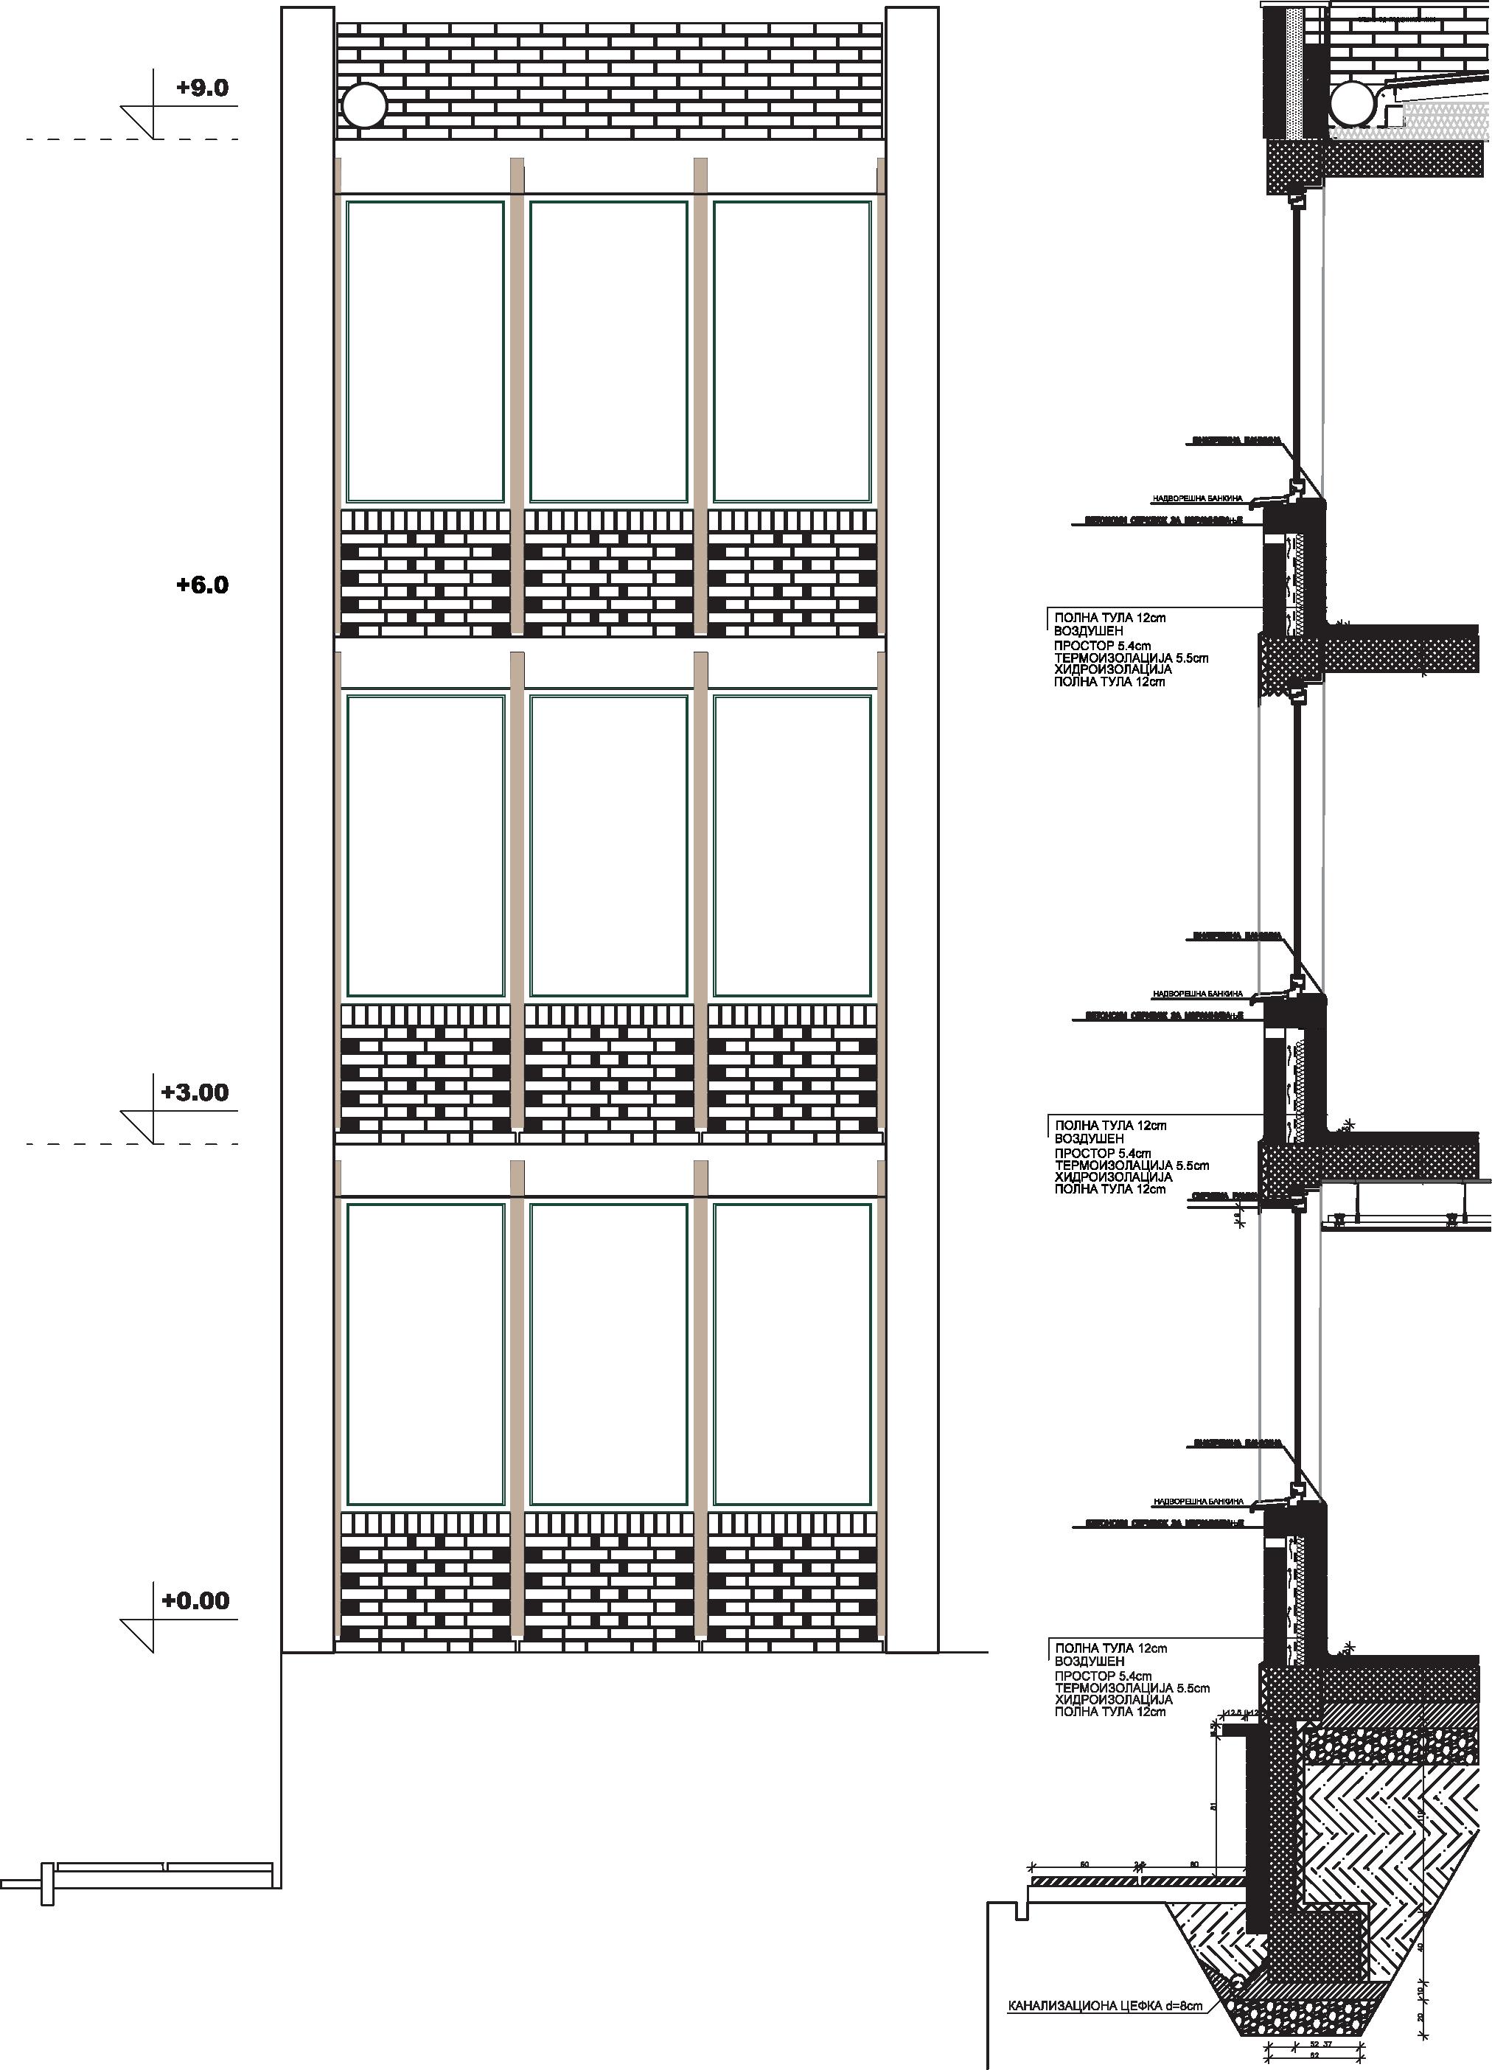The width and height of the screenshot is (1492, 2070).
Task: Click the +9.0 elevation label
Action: tap(202, 88)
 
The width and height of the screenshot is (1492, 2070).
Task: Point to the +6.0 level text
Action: tap(202, 585)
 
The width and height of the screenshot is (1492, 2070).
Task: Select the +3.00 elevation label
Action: tap(195, 1092)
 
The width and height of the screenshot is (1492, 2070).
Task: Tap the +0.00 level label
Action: tap(195, 1600)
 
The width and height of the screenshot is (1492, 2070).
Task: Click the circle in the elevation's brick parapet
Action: tap(364, 107)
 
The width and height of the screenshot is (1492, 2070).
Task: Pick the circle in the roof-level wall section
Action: tap(1353, 107)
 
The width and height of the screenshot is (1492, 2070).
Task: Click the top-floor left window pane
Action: tap(425, 352)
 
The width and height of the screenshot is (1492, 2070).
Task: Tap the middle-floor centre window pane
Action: tap(609, 846)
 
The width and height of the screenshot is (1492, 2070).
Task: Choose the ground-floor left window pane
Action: tap(425, 1353)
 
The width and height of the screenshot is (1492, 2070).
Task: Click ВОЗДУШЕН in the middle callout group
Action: tap(1090, 1139)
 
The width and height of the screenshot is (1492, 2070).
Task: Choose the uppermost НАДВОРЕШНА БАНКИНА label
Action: tap(1197, 499)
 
